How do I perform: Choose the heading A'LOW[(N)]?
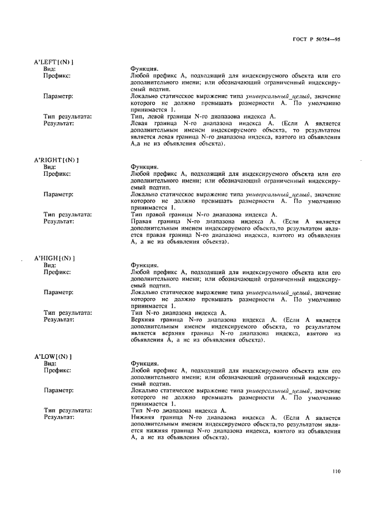pos(53,356)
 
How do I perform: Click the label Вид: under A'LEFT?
pos(49,68)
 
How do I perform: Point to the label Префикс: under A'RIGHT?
pos(57,174)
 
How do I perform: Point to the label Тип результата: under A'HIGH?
pos(68,313)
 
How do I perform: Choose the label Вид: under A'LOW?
pos(49,363)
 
